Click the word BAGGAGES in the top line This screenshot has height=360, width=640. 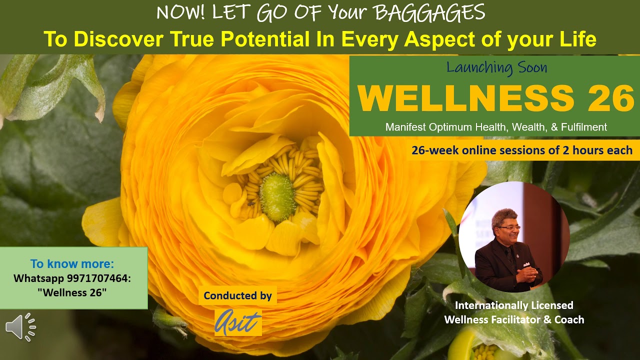pos(429,13)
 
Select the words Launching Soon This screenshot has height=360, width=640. pos(496,67)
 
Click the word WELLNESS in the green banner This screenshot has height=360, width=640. pos(466,98)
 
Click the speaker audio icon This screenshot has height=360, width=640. pos(20,327)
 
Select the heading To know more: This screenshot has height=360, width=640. pos(72,263)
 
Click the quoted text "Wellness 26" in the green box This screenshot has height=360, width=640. pos(72,292)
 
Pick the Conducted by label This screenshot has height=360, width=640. pos(237,295)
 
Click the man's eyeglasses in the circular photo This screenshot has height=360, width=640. pos(509,228)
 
